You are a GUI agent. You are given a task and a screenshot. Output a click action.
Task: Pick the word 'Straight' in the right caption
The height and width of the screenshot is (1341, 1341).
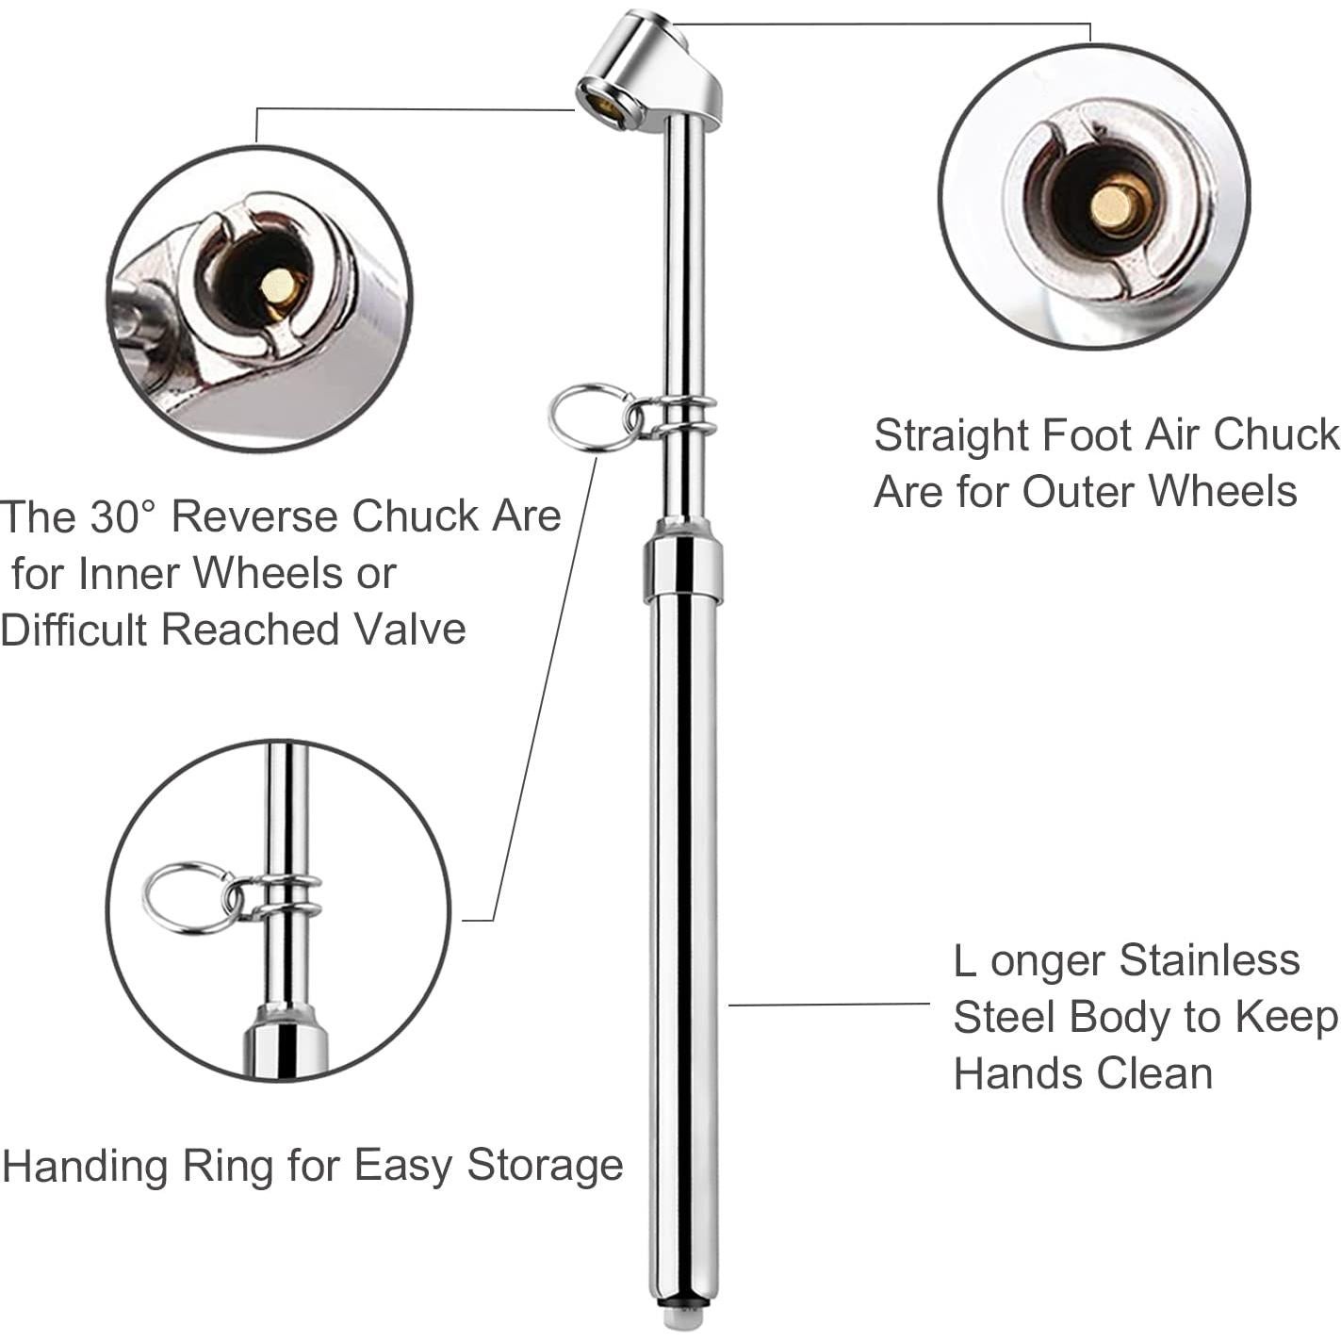[952, 435]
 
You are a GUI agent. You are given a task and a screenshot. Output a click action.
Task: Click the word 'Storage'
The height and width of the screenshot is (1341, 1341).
[546, 1167]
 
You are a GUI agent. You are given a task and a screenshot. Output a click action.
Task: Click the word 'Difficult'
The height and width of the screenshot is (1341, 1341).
[76, 630]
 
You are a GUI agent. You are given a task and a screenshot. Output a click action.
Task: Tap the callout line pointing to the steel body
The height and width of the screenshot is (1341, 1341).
[829, 1005]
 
